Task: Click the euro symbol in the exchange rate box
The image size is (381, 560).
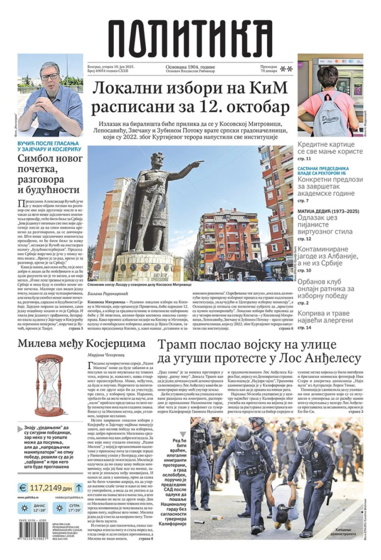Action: [23, 488]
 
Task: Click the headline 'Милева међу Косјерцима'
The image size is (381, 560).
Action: [81, 343]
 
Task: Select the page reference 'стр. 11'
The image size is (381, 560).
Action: [304, 159]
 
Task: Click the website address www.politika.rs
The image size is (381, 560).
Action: [30, 497]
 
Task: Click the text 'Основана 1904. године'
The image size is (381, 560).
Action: [190, 67]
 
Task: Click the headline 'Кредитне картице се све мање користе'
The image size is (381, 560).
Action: [330, 148]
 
